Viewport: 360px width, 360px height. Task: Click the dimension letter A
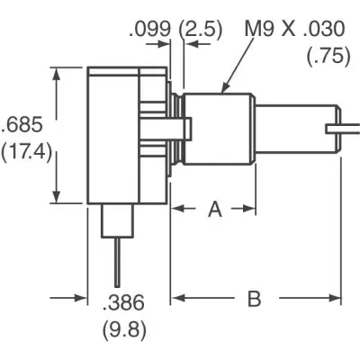pos(215,209)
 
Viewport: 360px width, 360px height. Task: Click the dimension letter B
pos(254,299)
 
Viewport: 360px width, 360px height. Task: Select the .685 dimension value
pos(22,125)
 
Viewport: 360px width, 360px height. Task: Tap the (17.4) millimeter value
pos(26,153)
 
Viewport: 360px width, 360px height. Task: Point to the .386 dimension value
pos(123,302)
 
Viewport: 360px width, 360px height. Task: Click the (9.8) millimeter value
pos(125,330)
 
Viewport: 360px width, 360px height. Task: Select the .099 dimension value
pos(149,29)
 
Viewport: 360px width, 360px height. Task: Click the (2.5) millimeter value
pos(201,30)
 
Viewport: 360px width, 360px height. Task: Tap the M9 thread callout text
pos(259,29)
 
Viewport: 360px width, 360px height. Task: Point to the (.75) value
pos(328,56)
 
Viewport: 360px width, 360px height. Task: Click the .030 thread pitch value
pos(324,29)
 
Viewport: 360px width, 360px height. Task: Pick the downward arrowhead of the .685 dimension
pos(56,196)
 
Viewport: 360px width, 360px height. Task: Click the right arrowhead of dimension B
pos(335,298)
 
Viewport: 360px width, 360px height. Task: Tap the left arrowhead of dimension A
pos(177,208)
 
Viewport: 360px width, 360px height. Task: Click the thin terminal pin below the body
pos(117,262)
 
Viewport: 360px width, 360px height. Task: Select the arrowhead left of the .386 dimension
pos(80,298)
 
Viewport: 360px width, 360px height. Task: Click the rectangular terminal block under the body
pos(117,220)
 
